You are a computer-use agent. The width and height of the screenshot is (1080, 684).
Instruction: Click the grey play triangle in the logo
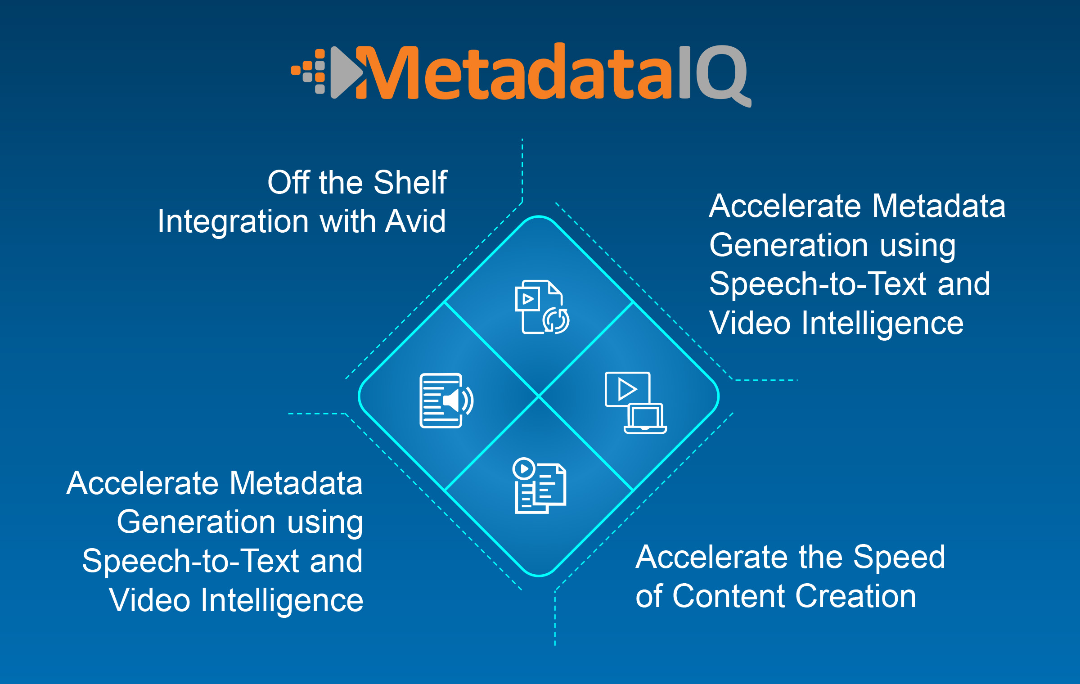pos(345,72)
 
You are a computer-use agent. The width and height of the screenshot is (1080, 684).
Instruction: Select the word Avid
pos(415,221)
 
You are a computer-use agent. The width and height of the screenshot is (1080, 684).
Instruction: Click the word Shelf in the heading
pos(410,182)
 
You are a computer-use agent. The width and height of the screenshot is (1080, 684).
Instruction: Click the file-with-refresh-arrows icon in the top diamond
pos(541,307)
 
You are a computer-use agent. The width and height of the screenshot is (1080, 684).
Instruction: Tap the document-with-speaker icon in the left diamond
pos(446,400)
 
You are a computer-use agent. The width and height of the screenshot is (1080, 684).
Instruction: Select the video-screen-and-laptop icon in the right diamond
pos(635,402)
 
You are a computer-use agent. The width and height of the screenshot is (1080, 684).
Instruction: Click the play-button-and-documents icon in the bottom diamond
pos(540,486)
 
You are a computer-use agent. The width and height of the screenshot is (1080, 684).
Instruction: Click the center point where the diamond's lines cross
pos(539,396)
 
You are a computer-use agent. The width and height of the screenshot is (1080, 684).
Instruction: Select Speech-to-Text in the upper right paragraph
pos(817,284)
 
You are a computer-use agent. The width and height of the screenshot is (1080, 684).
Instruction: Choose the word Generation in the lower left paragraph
pos(196,522)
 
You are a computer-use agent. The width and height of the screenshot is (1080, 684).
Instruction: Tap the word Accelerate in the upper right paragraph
pos(785,206)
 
